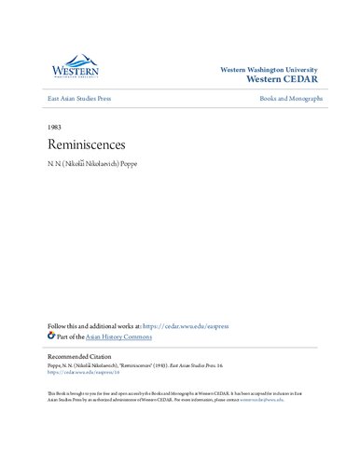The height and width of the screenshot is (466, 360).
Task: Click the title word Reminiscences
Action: click(x=84, y=146)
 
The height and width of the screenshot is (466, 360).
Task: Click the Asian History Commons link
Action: click(x=119, y=336)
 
